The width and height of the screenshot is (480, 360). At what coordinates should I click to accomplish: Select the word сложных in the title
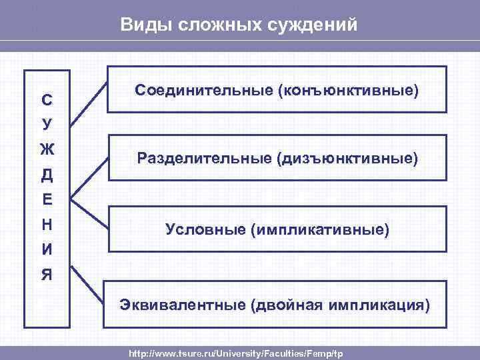(x=205, y=25)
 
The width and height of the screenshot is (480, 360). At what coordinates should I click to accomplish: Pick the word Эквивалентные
(x=183, y=305)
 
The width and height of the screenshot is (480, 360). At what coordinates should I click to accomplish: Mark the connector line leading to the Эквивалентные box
(x=87, y=283)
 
